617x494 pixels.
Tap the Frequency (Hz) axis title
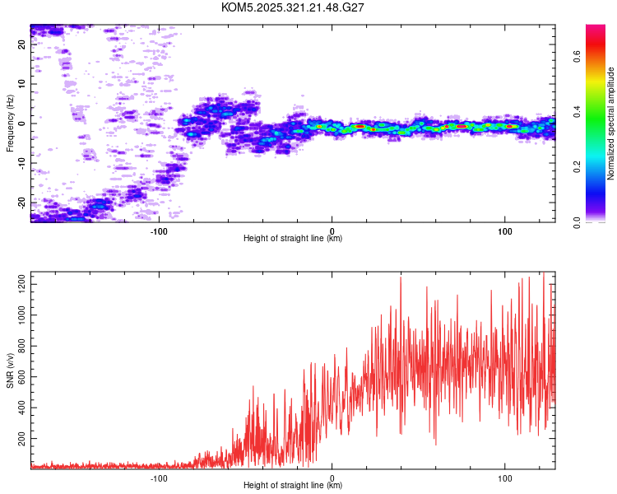click(x=10, y=123)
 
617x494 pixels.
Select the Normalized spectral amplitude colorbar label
click(x=611, y=123)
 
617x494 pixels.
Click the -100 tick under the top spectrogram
click(x=159, y=230)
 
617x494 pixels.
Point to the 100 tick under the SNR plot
click(x=504, y=477)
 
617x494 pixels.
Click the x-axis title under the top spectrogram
click(x=293, y=239)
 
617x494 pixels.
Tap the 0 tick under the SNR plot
click(x=332, y=477)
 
